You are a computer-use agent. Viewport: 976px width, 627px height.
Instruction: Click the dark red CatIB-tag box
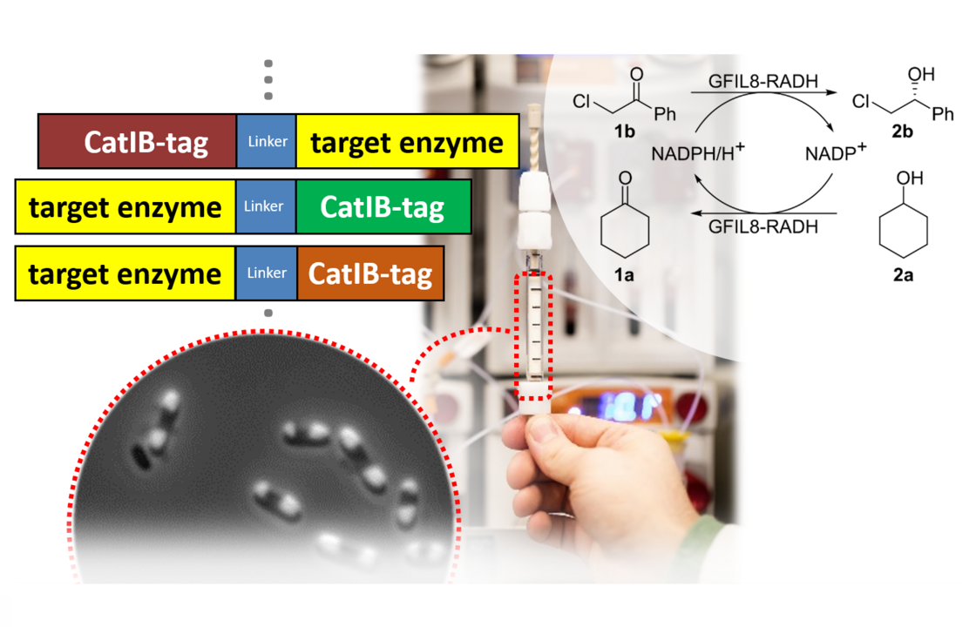click(x=138, y=142)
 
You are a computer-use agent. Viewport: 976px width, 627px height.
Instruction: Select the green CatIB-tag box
click(x=383, y=208)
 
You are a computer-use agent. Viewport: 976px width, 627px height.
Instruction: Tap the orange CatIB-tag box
click(x=370, y=274)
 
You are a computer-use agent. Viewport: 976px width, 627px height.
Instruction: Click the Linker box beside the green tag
click(x=266, y=207)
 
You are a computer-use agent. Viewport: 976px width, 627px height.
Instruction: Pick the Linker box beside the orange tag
click(x=266, y=273)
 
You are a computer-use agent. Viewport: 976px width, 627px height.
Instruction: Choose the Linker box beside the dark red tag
click(x=267, y=141)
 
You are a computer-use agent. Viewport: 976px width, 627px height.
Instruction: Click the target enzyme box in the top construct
click(x=407, y=142)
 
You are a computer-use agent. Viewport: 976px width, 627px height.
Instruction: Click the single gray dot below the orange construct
click(x=268, y=313)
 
